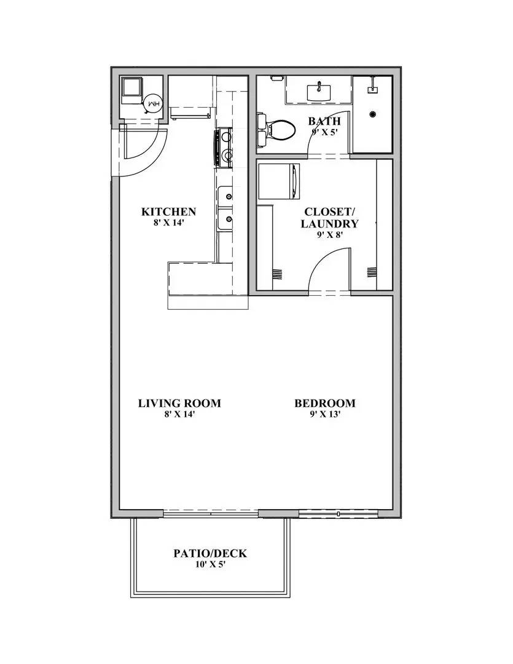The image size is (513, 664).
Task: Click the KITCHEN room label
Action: click(168, 212)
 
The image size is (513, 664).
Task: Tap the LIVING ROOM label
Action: click(179, 403)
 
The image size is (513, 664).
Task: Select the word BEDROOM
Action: click(324, 403)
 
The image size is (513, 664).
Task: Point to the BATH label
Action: click(324, 121)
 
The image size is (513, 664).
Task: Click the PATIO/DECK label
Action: click(210, 553)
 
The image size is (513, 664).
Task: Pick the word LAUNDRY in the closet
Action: click(329, 224)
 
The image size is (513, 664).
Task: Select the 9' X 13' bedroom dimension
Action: click(324, 414)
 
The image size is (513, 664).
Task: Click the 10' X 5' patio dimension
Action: click(210, 564)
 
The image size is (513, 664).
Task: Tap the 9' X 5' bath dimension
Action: click(324, 132)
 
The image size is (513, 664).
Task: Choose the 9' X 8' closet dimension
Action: click(329, 235)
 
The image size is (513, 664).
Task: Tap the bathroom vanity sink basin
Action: click(319, 92)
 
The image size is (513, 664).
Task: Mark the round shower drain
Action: click(373, 113)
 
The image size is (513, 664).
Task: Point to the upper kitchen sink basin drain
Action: click(229, 197)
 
